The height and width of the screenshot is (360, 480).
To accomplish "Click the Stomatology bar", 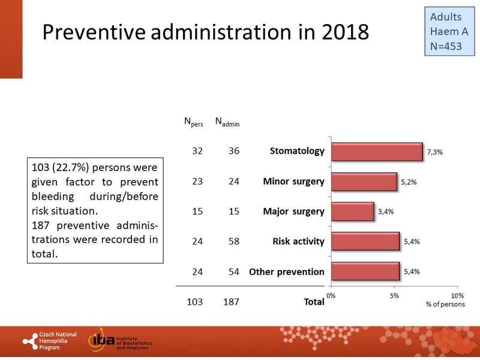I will (377, 152).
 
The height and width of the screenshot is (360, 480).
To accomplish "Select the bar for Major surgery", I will (352, 212).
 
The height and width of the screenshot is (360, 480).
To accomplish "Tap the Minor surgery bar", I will (364, 182).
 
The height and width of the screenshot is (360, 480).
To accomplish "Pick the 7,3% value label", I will (434, 152).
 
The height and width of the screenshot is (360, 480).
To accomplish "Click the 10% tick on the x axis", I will (457, 296).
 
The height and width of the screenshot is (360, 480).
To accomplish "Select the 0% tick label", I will (331, 296).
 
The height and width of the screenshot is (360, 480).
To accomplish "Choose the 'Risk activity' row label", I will (298, 242).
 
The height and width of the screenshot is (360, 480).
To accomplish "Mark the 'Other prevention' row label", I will (287, 272).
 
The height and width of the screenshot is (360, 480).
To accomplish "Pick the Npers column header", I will (193, 122).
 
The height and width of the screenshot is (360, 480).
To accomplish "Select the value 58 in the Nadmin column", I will (230, 242).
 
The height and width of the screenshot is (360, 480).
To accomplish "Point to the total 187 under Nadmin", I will (230, 302).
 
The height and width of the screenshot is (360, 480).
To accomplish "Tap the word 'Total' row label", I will (314, 302).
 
